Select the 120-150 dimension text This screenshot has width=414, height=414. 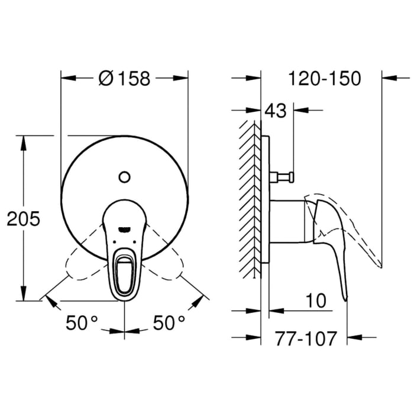[x=324, y=78]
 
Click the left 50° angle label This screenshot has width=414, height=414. [x=82, y=323]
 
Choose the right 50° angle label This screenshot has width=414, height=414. [x=169, y=323]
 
